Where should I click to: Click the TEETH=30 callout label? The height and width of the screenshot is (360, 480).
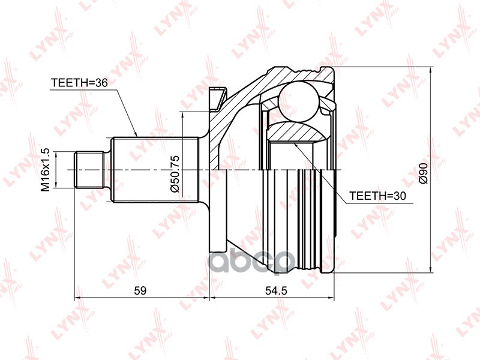(x=379, y=196)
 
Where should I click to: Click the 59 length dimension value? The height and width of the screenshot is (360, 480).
(x=140, y=290)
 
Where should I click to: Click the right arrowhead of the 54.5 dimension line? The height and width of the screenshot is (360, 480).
(x=332, y=298)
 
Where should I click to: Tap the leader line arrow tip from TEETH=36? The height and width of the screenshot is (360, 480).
(x=137, y=136)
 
